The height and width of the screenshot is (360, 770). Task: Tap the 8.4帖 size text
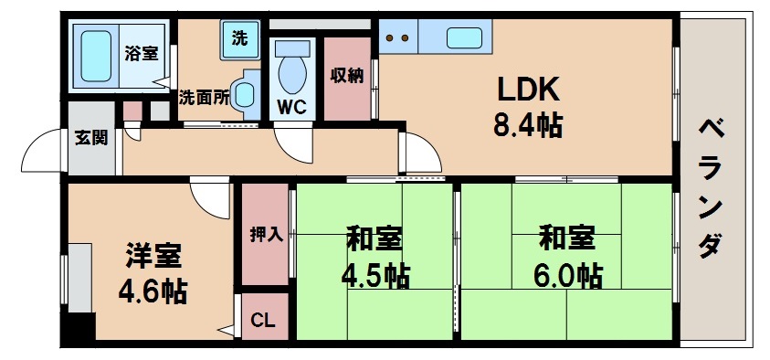[527, 125]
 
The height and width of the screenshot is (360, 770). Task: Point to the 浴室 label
[142, 52]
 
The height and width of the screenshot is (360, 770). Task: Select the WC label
[291, 106]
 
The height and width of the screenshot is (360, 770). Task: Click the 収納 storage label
[347, 76]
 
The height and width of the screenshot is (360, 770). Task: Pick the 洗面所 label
[204, 97]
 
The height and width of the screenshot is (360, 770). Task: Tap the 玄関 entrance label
[90, 139]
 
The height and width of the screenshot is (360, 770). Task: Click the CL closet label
[263, 320]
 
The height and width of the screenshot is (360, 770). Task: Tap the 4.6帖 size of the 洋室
[153, 291]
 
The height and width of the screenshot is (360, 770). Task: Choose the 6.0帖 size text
[568, 273]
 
